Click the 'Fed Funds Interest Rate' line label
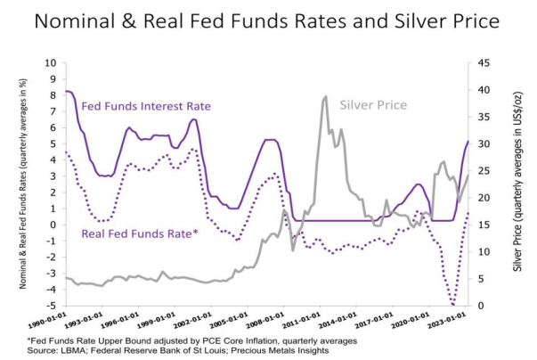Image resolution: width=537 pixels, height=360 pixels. coord(146,106)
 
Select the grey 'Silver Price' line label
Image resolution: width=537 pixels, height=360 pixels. coord(373,105)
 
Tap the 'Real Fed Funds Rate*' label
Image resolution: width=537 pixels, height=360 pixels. coord(138,233)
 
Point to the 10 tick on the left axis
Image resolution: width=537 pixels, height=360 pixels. coord(52,63)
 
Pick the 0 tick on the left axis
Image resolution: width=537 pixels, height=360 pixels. coord(53,225)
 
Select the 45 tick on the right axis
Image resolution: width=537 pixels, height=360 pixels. coord(484,63)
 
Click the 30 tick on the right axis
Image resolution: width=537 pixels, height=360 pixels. coord(484,144)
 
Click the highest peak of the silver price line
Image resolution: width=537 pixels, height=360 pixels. coord(326,96)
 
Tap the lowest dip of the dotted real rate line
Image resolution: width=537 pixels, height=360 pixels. coord(453,304)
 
